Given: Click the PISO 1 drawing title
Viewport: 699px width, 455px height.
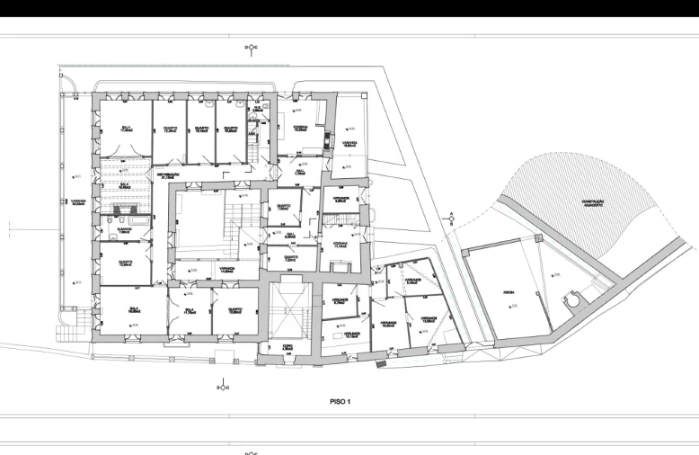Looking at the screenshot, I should [x=340, y=402].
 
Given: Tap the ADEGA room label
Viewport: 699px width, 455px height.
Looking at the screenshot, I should [x=509, y=291].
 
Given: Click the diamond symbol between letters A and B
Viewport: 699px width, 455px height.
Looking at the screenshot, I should [x=452, y=221].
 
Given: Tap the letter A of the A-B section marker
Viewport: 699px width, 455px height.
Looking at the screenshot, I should [x=452, y=215].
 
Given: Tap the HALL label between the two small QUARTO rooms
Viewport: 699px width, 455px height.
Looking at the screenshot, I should [x=291, y=236].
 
